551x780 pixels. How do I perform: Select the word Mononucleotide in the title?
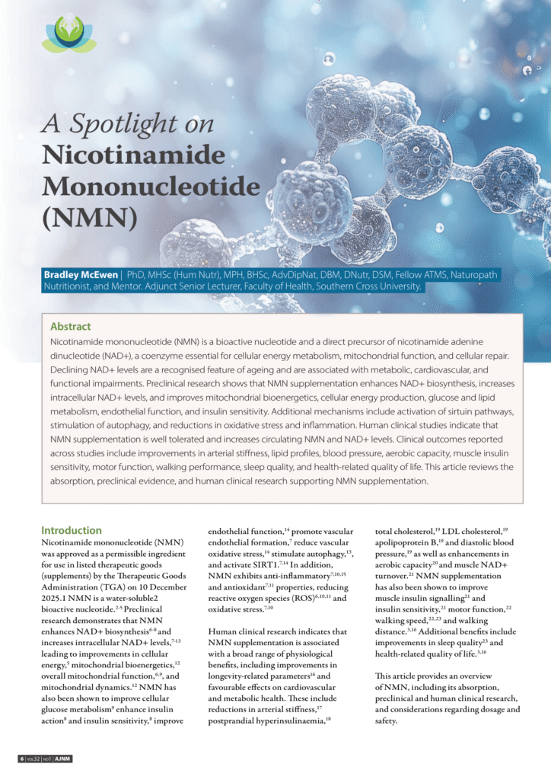(x=151, y=186)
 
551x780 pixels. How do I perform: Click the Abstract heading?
(x=70, y=326)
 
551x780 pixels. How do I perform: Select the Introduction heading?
(x=72, y=530)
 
